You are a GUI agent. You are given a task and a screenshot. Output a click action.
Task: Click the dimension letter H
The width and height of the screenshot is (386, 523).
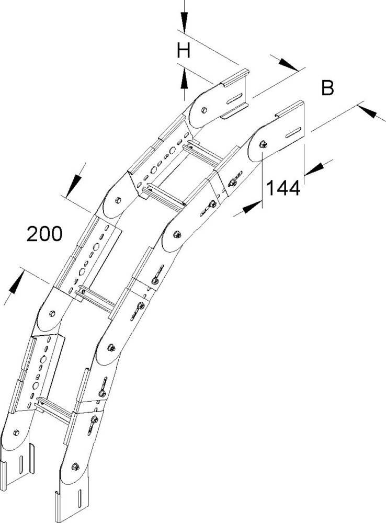click(183, 51)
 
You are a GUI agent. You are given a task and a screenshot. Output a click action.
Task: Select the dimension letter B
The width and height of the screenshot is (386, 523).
click(327, 88)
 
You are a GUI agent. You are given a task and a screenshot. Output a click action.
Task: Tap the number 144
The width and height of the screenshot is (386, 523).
click(283, 188)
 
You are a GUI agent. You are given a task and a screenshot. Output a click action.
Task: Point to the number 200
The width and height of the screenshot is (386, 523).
click(44, 234)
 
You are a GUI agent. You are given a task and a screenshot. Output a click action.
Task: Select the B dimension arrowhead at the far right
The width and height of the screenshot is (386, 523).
click(367, 111)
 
